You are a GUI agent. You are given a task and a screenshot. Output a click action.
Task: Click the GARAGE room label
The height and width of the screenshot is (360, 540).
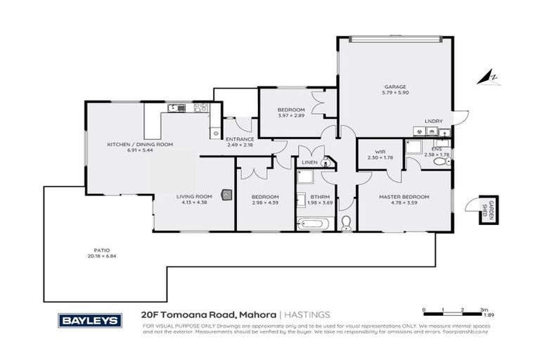(x=394, y=86)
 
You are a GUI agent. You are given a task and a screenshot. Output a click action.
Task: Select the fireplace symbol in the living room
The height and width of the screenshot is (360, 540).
(x=226, y=195)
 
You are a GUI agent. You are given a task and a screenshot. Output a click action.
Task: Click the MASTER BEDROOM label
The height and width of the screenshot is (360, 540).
(x=404, y=197)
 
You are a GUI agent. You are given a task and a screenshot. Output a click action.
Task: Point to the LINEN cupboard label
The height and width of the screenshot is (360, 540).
(x=309, y=163)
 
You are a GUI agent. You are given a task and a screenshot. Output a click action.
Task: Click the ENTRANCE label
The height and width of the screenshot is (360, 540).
(x=239, y=139)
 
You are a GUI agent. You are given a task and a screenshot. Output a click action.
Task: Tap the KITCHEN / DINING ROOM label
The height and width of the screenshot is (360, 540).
(x=140, y=144)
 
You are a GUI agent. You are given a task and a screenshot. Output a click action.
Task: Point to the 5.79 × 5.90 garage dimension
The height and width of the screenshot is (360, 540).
(x=394, y=93)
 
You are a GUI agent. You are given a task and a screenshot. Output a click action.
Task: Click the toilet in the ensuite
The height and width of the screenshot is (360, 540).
(x=440, y=162)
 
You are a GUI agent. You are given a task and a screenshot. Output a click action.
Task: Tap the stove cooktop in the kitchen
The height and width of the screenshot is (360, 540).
(x=201, y=108)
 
